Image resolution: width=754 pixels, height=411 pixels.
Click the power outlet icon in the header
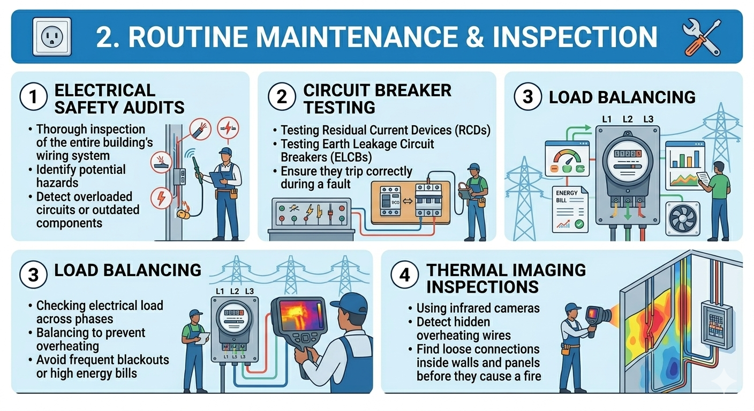pyautogui.click(x=52, y=36)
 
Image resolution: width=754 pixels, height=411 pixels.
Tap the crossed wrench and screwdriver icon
pyautogui.click(x=702, y=37)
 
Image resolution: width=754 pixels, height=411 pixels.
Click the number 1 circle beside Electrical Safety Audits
pyautogui.click(x=33, y=97)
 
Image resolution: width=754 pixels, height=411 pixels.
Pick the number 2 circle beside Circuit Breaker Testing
pyautogui.click(x=282, y=97)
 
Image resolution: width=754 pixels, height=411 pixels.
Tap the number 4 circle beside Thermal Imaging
pyautogui.click(x=405, y=275)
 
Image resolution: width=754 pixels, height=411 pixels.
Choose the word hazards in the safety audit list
pyautogui.click(x=57, y=182)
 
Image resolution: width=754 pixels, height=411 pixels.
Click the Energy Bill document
pyautogui.click(x=570, y=209)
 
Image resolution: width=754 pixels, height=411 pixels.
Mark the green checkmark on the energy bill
pyautogui.click(x=579, y=224)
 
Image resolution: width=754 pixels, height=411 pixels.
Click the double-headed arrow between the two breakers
pyautogui.click(x=408, y=201)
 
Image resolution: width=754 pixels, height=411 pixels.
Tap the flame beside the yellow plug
pyautogui.click(x=185, y=205)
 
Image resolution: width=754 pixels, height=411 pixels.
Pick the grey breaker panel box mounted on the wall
pyautogui.click(x=716, y=325)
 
